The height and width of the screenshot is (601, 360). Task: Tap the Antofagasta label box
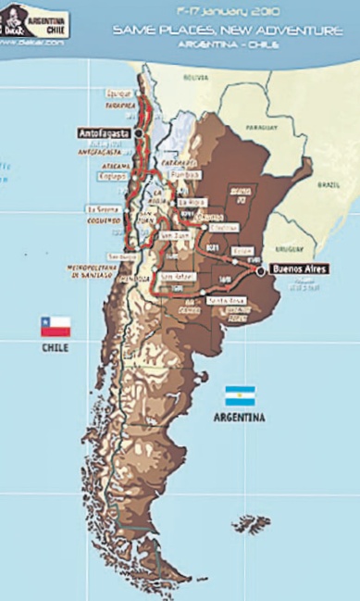[x=101, y=133]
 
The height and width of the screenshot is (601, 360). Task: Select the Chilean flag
[x=55, y=327]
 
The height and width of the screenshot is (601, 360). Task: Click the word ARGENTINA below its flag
[x=239, y=418]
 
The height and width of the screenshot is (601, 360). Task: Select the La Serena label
[x=101, y=208]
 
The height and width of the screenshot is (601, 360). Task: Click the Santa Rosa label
[x=224, y=300]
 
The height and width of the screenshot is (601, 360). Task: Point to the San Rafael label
[x=175, y=276]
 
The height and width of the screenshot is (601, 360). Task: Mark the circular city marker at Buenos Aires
[x=261, y=271]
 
